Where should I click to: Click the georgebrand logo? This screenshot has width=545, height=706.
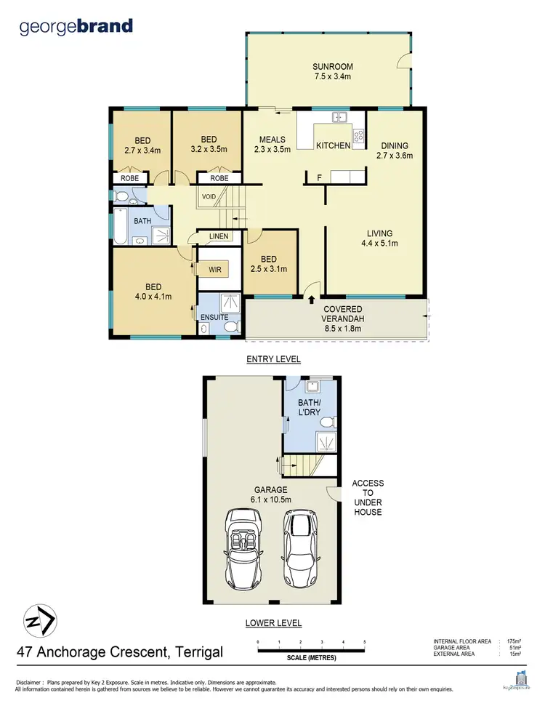tap(76, 27)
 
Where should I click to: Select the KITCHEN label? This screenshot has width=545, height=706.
tap(333, 145)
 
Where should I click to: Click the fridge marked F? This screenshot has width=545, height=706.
tap(318, 177)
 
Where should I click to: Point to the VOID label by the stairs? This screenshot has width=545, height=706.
tap(209, 196)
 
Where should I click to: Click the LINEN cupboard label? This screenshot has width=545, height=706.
tap(219, 236)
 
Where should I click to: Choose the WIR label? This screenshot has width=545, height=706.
tap(214, 270)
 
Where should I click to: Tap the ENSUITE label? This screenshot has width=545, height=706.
tap(214, 317)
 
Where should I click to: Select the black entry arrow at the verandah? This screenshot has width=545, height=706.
tap(312, 298)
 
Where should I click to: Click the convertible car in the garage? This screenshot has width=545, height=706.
tap(244, 548)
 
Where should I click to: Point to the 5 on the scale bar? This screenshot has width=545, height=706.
tap(364, 642)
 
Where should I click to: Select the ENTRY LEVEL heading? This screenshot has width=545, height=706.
tap(273, 359)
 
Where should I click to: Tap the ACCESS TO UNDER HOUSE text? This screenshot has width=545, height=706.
tap(368, 497)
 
